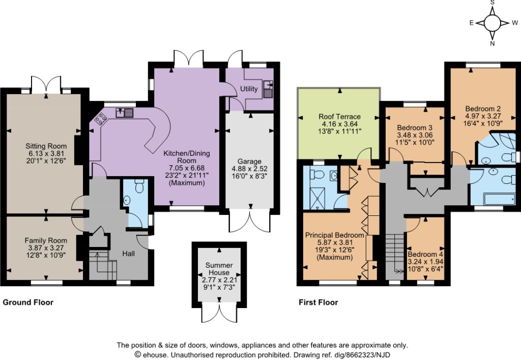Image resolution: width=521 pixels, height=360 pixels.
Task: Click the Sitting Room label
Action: (46, 146)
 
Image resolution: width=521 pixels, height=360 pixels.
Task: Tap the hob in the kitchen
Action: (101, 118)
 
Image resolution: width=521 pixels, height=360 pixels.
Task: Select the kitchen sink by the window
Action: (124, 113)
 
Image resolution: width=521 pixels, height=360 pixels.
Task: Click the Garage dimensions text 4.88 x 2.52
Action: (249, 169)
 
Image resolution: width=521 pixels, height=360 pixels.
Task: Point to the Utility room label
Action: (249, 89)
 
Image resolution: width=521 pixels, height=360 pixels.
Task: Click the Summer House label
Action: (219, 268)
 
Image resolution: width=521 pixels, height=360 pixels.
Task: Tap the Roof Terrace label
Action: (339, 116)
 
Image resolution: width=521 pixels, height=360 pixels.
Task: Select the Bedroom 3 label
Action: (415, 128)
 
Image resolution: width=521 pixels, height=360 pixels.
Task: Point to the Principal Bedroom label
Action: (335, 235)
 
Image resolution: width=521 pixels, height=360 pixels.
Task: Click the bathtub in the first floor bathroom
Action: (500, 200)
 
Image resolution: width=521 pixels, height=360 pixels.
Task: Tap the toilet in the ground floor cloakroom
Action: (139, 186)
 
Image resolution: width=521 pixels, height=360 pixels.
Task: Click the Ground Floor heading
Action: (28, 302)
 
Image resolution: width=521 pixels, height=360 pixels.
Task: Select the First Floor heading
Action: (319, 302)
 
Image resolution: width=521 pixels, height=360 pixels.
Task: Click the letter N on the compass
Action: (493, 43)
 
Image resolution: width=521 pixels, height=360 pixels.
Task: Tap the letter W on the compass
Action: (515, 23)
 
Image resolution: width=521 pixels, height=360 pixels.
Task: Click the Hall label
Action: (128, 254)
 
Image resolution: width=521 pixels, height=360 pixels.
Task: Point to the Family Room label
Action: (46, 240)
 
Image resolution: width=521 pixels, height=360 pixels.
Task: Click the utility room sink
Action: (268, 89)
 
